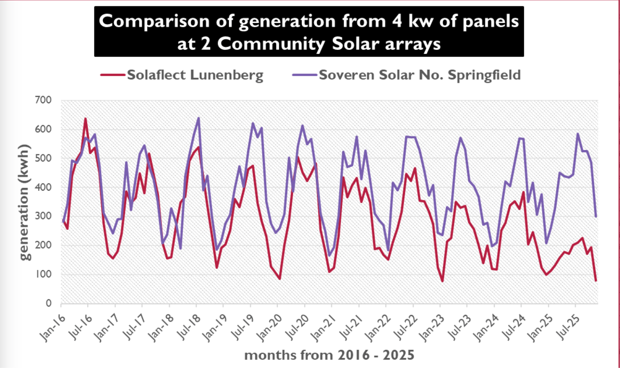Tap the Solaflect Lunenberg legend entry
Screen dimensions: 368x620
pos(195,75)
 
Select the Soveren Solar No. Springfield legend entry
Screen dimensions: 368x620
pos(419,75)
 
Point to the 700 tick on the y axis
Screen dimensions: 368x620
pos(43,100)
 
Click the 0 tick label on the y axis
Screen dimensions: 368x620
pos(49,303)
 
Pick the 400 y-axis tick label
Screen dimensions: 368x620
pos(43,187)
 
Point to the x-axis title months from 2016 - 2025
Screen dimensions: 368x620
pos(329,355)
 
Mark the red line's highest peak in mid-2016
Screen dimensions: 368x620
pos(86,119)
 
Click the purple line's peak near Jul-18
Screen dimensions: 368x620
pos(198,118)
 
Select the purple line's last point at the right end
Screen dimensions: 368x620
pos(596,217)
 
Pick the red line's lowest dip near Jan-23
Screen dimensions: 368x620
pos(442,281)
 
